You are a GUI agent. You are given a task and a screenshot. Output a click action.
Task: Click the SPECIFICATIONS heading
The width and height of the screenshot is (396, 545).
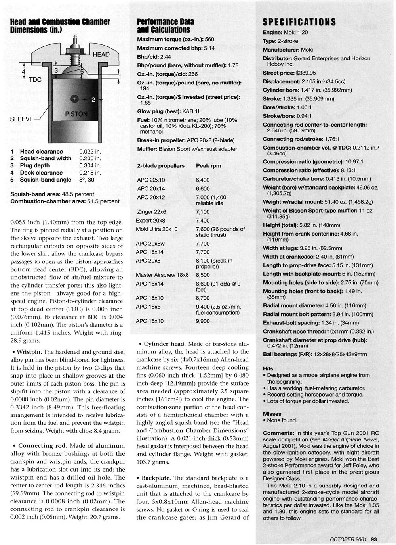pyautogui.click(x=299, y=22)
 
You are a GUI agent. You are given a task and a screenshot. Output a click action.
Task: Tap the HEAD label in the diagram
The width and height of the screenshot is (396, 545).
pyautogui.click(x=101, y=54)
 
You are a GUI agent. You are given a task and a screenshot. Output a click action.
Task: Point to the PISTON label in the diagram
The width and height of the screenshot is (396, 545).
pyautogui.click(x=76, y=114)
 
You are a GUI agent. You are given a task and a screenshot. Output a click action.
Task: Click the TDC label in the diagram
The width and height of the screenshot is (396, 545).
pyautogui.click(x=36, y=79)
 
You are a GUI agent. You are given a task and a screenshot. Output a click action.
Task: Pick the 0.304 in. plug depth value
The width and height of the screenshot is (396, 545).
pyautogui.click(x=90, y=165)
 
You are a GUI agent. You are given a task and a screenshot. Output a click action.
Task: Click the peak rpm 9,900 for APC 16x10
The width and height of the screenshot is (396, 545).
pyautogui.click(x=203, y=321)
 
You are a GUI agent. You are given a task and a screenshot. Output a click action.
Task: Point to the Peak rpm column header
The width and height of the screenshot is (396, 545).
pyautogui.click(x=208, y=166)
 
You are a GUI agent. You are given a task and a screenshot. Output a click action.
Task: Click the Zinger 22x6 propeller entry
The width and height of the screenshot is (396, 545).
pyautogui.click(x=151, y=212)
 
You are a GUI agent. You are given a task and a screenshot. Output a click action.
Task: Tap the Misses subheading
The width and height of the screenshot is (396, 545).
pyautogui.click(x=272, y=414)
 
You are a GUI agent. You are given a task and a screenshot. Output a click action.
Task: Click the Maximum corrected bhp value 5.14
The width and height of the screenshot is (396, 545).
pyautogui.click(x=209, y=48)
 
